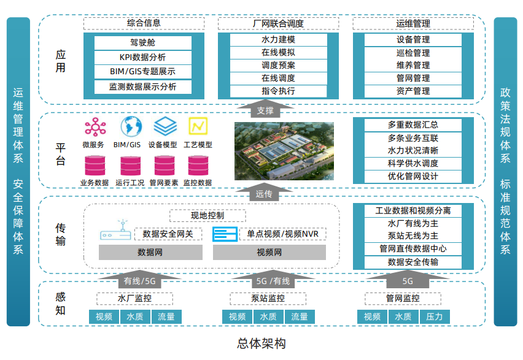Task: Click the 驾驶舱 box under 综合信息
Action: point(142,44)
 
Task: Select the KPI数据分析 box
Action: point(142,58)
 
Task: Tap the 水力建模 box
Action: point(278,40)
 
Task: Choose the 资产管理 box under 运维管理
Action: point(413,91)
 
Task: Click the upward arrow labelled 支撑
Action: point(265,110)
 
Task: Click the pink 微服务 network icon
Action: point(95,128)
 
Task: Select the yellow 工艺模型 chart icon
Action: point(198,126)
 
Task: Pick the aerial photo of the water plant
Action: point(284,151)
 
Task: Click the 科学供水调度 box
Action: point(413,164)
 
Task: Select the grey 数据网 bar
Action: point(150,253)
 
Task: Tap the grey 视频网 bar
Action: point(269,253)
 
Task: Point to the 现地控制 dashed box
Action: point(207,216)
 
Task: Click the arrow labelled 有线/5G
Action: point(141,280)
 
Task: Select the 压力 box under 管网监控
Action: point(434,317)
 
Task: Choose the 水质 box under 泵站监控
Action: point(268,317)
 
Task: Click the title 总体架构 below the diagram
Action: point(261,343)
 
